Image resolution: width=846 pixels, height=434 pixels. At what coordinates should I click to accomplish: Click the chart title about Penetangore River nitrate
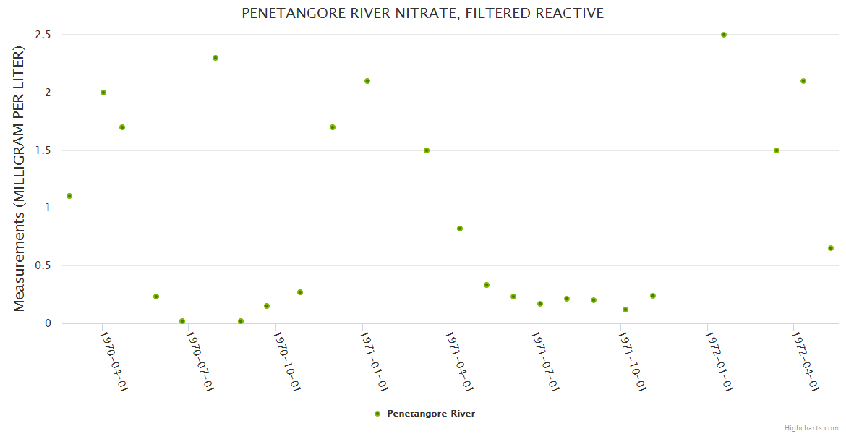click(x=422, y=13)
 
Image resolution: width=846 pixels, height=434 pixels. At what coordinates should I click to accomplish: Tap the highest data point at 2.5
click(x=724, y=35)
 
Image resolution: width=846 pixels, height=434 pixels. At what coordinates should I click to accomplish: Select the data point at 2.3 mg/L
click(x=215, y=58)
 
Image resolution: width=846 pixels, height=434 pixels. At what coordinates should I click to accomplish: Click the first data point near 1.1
click(x=69, y=196)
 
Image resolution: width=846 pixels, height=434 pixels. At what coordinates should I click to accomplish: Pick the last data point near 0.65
click(x=831, y=248)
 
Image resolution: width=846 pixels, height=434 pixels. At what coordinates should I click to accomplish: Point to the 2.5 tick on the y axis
click(x=43, y=35)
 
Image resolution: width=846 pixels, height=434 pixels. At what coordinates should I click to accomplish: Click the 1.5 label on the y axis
click(x=43, y=150)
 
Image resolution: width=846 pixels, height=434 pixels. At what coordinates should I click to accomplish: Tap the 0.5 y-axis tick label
click(x=43, y=265)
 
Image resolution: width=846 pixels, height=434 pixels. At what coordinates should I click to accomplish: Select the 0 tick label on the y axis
click(x=48, y=323)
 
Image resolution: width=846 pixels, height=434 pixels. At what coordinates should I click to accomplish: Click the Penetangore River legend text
click(x=431, y=414)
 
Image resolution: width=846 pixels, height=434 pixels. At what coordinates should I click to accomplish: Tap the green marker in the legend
click(x=377, y=414)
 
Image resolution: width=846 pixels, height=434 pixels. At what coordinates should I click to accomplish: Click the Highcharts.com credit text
click(x=811, y=427)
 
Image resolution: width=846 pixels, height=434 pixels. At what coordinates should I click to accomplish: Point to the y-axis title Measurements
click(x=20, y=179)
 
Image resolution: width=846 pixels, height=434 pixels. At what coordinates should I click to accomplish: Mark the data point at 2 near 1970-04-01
click(x=103, y=93)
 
